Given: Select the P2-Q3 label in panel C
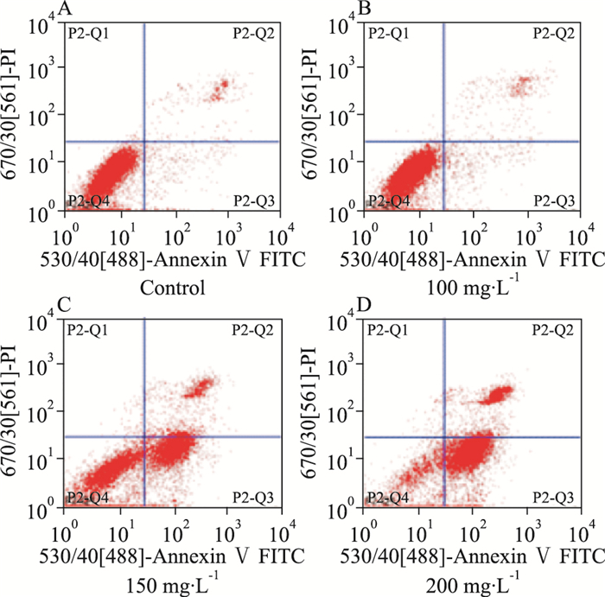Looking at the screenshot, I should [254, 497].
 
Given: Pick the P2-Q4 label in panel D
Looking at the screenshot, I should [388, 497].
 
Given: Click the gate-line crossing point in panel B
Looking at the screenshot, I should [443, 141].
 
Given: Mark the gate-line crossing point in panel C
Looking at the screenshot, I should [143, 436].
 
